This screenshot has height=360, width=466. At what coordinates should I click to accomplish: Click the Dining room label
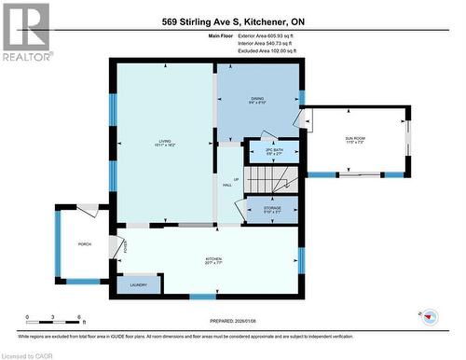click(258, 100)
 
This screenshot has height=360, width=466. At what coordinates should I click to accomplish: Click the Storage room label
click(273, 211)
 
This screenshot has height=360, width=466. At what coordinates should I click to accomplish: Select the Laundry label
click(138, 285)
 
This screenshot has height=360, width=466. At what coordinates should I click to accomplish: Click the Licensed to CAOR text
click(30, 354)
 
